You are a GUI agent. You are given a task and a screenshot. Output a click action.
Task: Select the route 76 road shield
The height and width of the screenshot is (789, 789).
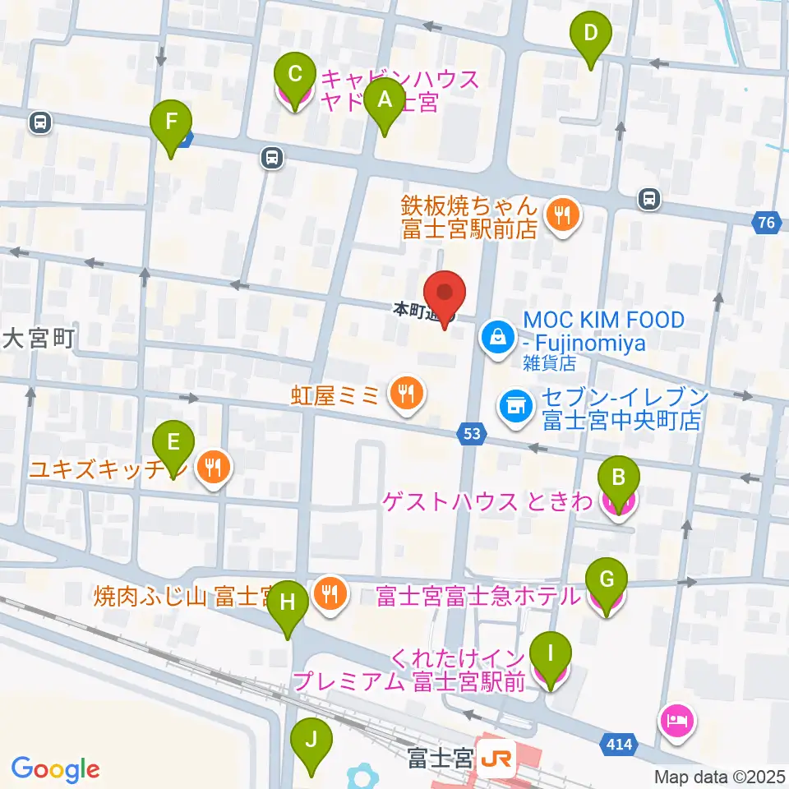pyautogui.click(x=767, y=221)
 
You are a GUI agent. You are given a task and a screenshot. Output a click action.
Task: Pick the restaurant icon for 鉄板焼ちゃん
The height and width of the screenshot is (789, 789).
pyautogui.click(x=563, y=216)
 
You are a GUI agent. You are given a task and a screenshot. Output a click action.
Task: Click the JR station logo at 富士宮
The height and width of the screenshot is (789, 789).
pyautogui.click(x=498, y=754)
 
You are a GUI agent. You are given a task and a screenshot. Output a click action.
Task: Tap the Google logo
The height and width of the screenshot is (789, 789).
pyautogui.click(x=56, y=768)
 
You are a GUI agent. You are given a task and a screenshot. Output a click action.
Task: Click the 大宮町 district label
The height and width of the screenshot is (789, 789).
pyautogui.click(x=39, y=339)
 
